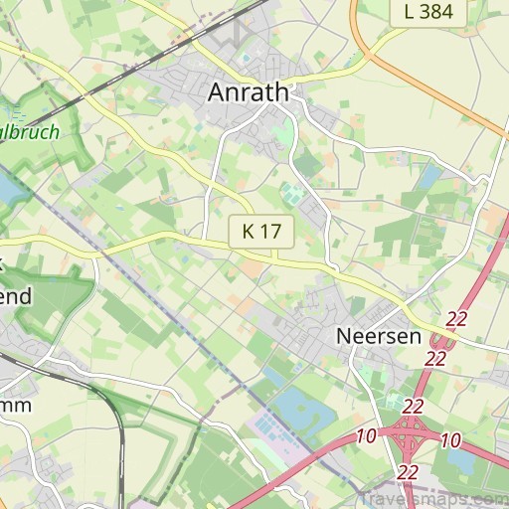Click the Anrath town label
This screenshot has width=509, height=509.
point(249,92)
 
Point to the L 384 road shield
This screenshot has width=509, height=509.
point(428,12)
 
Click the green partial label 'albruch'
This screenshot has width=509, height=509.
point(30,131)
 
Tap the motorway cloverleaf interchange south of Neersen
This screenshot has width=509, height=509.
point(408,433)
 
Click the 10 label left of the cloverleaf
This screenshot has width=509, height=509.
point(365,436)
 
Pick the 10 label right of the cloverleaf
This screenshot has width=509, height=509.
point(450,440)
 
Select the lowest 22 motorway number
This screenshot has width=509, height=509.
point(408,472)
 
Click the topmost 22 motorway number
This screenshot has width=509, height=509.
point(456,318)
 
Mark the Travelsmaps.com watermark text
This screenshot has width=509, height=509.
point(432,498)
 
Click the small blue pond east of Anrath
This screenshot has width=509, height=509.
point(430,177)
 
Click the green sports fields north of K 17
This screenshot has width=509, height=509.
point(294,191)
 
